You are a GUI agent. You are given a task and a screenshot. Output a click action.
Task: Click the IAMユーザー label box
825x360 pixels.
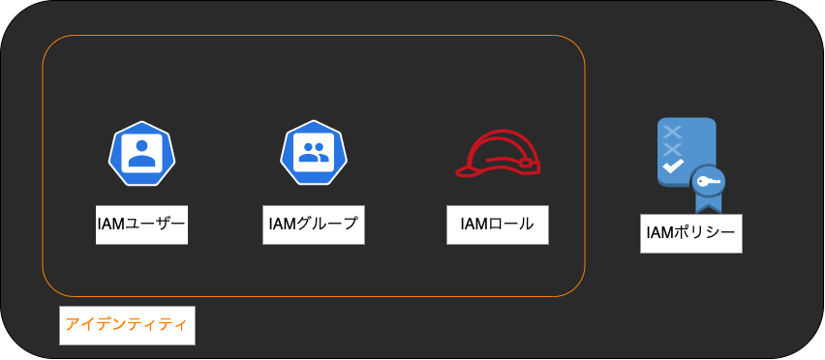click(x=141, y=224)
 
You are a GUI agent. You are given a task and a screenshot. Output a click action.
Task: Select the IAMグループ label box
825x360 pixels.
click(x=314, y=224)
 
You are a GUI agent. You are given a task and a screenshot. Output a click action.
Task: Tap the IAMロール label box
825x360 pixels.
click(x=497, y=225)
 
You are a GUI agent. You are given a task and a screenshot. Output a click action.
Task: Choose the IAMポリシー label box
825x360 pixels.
click(x=690, y=232)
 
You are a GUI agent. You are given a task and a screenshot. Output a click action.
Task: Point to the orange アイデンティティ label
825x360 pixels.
click(x=126, y=325)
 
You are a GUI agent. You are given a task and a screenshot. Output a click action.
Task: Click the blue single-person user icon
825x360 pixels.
click(x=142, y=154)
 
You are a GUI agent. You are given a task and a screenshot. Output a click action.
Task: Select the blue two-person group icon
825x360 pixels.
click(x=314, y=154)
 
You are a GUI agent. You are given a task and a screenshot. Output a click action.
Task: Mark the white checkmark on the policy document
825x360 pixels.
click(x=672, y=167)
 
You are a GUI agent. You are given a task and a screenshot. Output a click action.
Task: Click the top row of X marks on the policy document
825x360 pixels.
click(x=672, y=132)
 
